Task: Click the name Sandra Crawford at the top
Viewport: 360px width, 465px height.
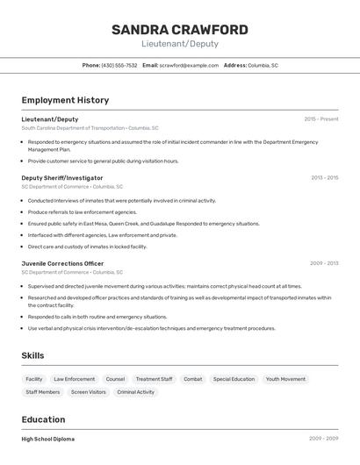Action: coord(179,30)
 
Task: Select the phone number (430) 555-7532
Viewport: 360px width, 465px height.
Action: coord(119,65)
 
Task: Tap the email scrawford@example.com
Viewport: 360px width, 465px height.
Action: coord(189,65)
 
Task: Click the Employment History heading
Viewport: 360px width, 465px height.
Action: coord(65,100)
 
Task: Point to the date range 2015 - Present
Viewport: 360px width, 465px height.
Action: coord(320,118)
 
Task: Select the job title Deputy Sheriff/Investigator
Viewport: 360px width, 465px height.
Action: coord(62,177)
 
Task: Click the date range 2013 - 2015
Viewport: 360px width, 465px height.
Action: coord(324,177)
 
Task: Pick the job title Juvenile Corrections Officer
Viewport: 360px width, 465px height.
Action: coord(62,263)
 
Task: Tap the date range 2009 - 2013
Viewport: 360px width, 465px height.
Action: coord(324,263)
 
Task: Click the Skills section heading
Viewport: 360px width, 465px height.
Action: coord(33,355)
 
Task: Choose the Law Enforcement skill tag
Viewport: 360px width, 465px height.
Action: coord(74,379)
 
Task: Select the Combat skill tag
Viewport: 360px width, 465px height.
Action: coord(192,379)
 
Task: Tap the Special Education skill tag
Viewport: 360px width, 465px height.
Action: coord(234,379)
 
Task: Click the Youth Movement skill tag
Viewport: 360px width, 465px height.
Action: coord(285,379)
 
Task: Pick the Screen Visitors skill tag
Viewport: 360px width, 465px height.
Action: coord(88,392)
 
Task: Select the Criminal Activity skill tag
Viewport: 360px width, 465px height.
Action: coord(135,392)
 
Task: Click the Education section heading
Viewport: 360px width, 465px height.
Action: coord(43,419)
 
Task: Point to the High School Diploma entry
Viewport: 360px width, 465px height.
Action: coord(48,439)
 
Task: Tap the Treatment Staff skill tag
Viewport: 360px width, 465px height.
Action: coord(154,379)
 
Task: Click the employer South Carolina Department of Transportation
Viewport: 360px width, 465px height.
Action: coord(73,128)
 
